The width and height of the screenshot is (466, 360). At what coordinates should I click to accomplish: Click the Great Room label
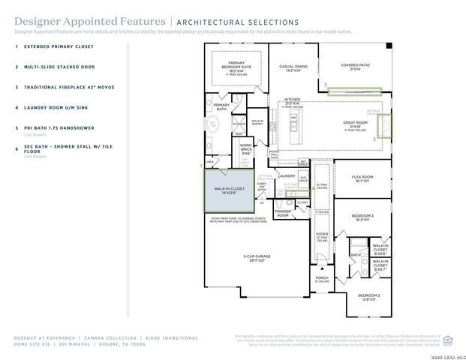pos(355,124)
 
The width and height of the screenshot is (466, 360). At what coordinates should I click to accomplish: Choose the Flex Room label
pos(362,179)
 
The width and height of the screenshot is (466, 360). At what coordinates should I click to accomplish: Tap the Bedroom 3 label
pos(362,217)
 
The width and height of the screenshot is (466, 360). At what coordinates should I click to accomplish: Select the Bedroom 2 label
pos(368,297)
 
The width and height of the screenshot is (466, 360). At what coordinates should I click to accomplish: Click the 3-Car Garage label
pos(256,259)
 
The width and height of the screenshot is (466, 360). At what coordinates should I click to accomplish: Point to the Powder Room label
pos(283,213)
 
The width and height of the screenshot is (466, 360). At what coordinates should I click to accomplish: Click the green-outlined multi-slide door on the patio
pos(356,94)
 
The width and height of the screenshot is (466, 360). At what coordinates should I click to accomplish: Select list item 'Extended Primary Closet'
pos(56,46)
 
